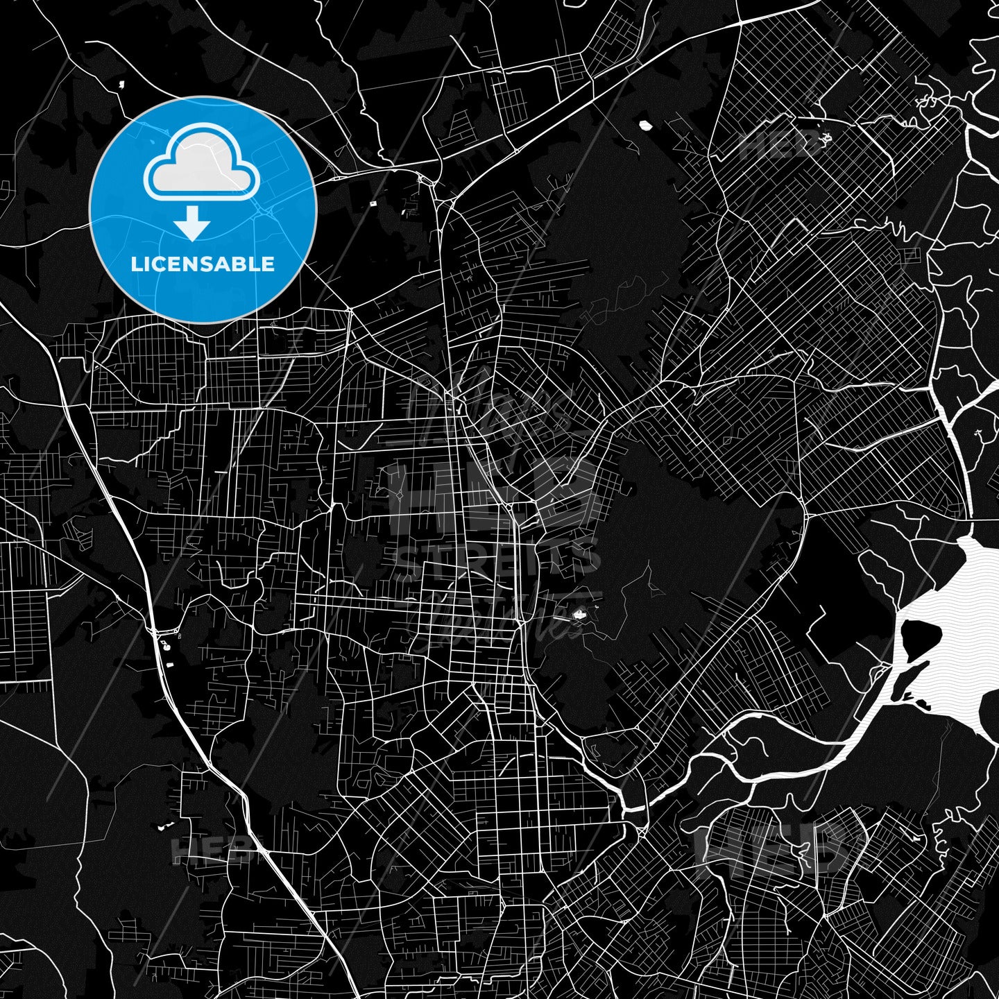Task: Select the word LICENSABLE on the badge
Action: (x=203, y=264)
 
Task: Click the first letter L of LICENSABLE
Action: (x=135, y=264)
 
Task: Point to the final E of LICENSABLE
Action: (x=268, y=264)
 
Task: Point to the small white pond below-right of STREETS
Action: (x=578, y=613)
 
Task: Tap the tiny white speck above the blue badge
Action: (x=119, y=85)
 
